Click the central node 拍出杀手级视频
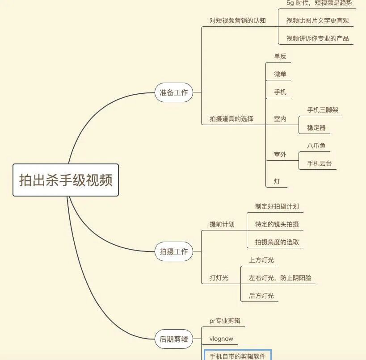point(66,180)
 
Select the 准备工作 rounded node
point(174,92)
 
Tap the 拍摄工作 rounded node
point(174,251)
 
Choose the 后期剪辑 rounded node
point(174,339)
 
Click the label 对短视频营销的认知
point(237,21)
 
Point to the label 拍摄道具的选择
point(231,119)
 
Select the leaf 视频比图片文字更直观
point(317,21)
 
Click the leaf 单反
point(280,56)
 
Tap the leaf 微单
point(280,74)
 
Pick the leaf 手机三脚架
point(319,110)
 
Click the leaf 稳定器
point(316,128)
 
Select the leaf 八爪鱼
point(316,146)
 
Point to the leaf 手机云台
point(319,163)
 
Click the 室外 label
point(280,155)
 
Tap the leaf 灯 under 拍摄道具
point(277,181)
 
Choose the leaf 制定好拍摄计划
point(277,206)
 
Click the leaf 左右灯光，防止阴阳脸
point(280,278)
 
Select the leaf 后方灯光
point(261,296)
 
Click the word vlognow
point(221,339)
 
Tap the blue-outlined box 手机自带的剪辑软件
point(237,356)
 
